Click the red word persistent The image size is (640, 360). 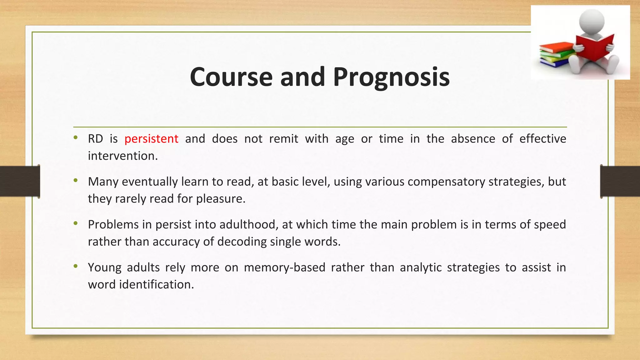point(151,139)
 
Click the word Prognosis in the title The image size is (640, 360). point(391,77)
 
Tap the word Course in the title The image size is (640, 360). point(231,77)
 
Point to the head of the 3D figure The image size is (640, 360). point(591,21)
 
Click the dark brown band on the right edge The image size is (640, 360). point(620,181)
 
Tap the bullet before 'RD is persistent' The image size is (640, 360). point(75,137)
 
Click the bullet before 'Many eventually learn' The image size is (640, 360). point(75,180)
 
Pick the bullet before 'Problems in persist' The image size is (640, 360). point(75,223)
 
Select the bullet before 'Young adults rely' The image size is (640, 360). point(75,266)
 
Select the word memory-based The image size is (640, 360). point(284,267)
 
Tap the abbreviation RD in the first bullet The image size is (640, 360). point(95,139)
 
